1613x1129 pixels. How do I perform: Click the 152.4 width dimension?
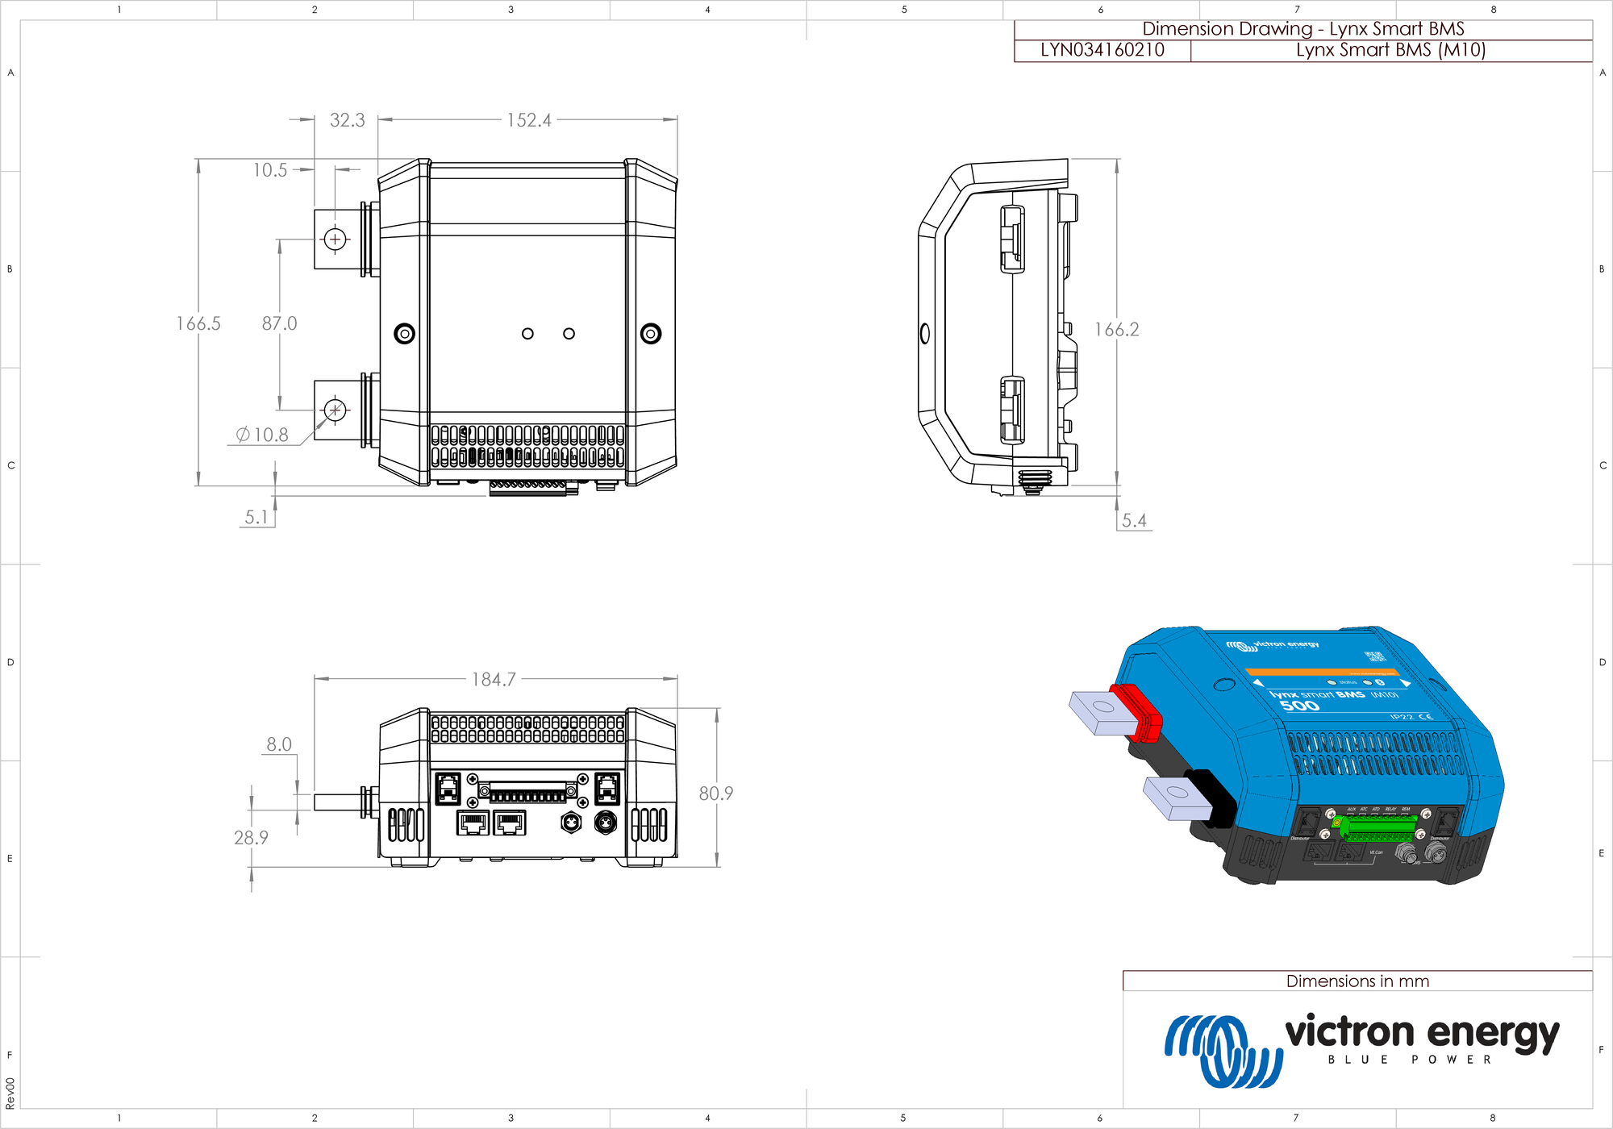pyautogui.click(x=529, y=120)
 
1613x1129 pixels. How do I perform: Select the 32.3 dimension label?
pyautogui.click(x=347, y=120)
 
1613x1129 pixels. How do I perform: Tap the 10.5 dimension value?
pyautogui.click(x=270, y=170)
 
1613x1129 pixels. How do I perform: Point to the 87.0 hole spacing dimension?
pyautogui.click(x=279, y=323)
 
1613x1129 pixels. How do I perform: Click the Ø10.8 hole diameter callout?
pyautogui.click(x=262, y=435)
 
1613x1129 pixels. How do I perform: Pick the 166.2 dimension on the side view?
pyautogui.click(x=1116, y=329)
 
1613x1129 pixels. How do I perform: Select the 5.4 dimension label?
pyautogui.click(x=1133, y=520)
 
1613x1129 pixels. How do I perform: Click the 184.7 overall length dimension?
pyautogui.click(x=494, y=679)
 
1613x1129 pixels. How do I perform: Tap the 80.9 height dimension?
pyautogui.click(x=715, y=794)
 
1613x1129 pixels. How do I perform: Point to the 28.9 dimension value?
pyautogui.click(x=251, y=838)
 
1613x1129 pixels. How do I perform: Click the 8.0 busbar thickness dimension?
pyautogui.click(x=279, y=744)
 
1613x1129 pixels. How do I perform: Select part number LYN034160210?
pyautogui.click(x=1102, y=50)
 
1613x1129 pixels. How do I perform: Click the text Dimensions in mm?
pyautogui.click(x=1357, y=981)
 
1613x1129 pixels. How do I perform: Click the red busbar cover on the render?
pyautogui.click(x=1137, y=712)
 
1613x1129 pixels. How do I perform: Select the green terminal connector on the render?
pyautogui.click(x=1378, y=827)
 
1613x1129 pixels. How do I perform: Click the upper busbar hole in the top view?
pyautogui.click(x=336, y=239)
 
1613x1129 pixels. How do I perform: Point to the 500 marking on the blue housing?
pyautogui.click(x=1299, y=706)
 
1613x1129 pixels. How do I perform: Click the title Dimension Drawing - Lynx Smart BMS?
pyautogui.click(x=1302, y=29)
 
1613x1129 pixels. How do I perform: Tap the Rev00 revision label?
pyautogui.click(x=10, y=1093)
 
